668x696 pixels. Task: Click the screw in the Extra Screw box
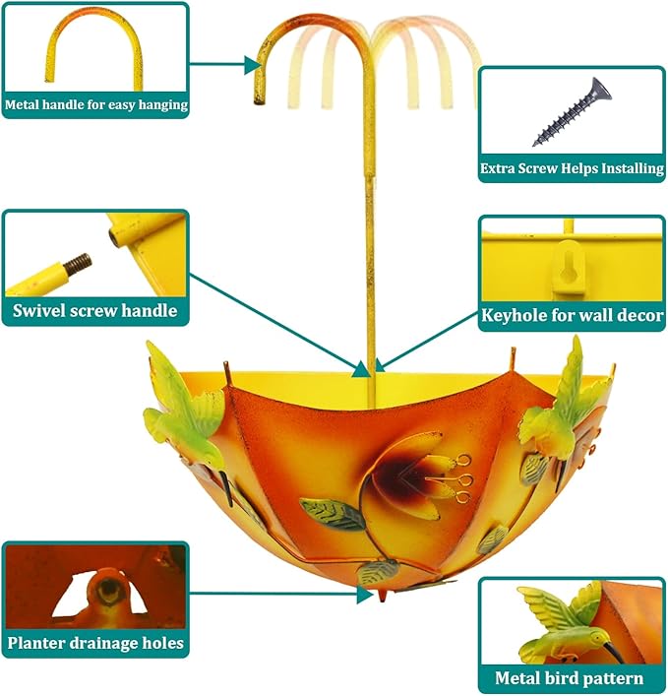point(572,112)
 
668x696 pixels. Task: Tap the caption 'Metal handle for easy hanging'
point(96,104)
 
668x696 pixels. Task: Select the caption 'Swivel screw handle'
point(94,310)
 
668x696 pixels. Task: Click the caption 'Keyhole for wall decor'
point(573,315)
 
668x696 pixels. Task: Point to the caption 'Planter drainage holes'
point(95,643)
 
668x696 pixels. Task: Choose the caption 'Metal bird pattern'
point(569,678)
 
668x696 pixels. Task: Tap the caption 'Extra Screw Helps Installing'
point(572,168)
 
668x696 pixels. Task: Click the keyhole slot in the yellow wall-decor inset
point(569,268)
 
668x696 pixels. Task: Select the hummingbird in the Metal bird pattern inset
point(566,627)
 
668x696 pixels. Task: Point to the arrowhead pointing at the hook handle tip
point(252,66)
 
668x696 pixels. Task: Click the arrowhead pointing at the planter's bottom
point(365,595)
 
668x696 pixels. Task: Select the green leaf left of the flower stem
point(333,514)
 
